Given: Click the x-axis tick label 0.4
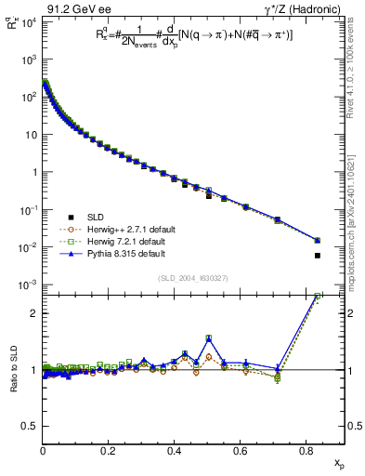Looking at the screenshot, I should (x=174, y=450).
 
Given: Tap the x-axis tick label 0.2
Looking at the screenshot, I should (x=108, y=450).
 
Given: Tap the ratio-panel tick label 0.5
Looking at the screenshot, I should (x=30, y=427).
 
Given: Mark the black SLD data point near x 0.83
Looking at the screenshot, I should (x=318, y=255).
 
